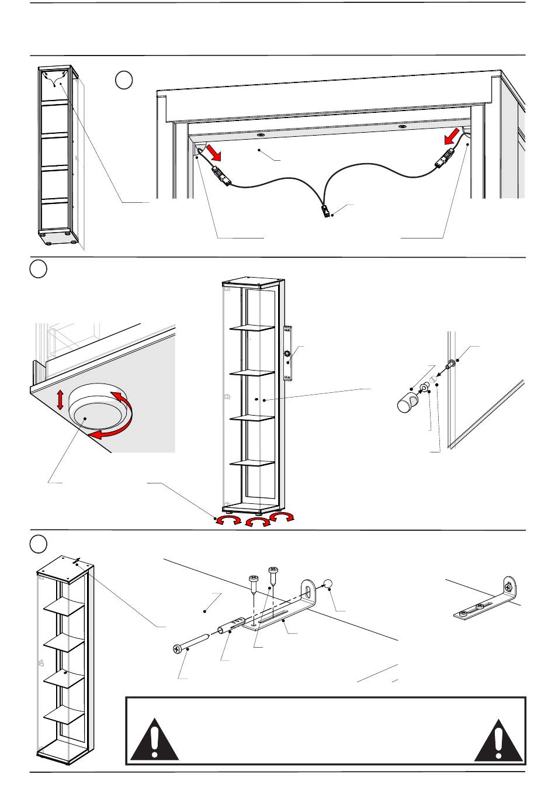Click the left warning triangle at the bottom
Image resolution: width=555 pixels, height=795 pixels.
click(x=154, y=741)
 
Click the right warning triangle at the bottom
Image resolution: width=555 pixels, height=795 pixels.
click(x=498, y=741)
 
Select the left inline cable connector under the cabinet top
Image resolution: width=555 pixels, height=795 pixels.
click(x=222, y=176)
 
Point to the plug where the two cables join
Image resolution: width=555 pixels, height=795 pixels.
click(x=325, y=210)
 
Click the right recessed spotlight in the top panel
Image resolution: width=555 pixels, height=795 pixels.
click(x=402, y=126)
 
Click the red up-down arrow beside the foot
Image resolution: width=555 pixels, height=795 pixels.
click(x=60, y=400)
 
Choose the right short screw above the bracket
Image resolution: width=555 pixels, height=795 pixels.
click(x=272, y=572)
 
